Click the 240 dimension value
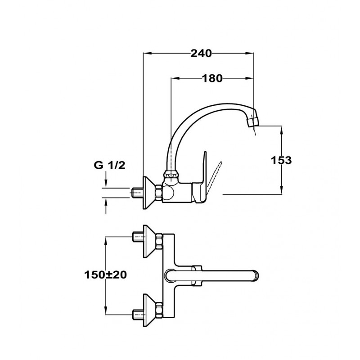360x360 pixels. [x=201, y=53]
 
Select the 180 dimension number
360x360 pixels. [x=212, y=78]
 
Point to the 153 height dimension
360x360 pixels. [x=282, y=160]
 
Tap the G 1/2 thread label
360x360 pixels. [x=109, y=166]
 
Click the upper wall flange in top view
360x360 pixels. [x=149, y=241]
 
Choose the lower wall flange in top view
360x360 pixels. [x=149, y=310]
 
